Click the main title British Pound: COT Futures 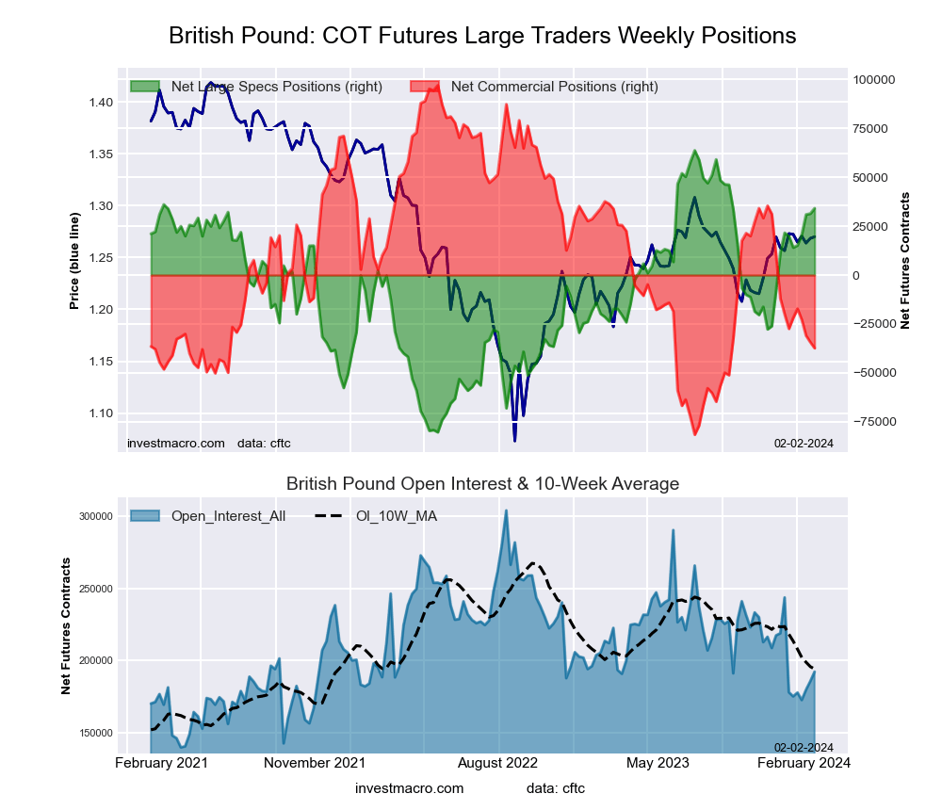click(482, 36)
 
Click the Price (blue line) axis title click(74, 262)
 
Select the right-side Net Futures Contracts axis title click(905, 260)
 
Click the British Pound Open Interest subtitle click(482, 484)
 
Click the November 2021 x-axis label click(315, 763)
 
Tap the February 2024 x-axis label click(804, 763)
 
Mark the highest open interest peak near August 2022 click(506, 510)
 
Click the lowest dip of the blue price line click(514, 440)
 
